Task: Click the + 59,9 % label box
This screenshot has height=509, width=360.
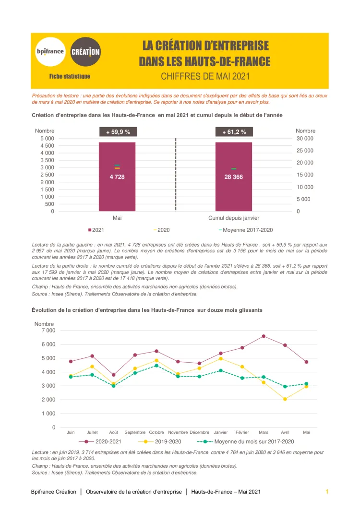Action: tap(118, 132)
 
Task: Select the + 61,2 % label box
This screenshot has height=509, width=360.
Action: tap(234, 132)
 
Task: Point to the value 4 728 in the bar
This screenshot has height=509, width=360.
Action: tap(117, 177)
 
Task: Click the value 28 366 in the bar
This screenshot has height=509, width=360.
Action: tap(234, 177)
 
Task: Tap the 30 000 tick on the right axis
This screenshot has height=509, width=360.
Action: tap(305, 139)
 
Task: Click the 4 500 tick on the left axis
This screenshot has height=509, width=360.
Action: tap(47, 145)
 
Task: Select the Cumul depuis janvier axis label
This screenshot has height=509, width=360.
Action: tap(234, 218)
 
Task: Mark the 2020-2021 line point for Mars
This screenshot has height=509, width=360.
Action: tap(264, 336)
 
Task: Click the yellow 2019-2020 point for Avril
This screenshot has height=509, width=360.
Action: tap(285, 399)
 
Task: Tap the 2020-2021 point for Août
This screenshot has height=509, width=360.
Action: tap(113, 375)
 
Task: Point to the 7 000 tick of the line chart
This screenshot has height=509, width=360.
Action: tap(48, 331)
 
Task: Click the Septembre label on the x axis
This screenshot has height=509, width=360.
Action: tap(135, 432)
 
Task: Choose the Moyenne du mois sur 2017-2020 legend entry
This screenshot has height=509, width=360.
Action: tap(247, 441)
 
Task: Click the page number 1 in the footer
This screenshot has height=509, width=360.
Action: tap(327, 492)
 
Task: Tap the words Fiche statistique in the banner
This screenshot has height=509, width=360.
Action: tap(70, 76)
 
